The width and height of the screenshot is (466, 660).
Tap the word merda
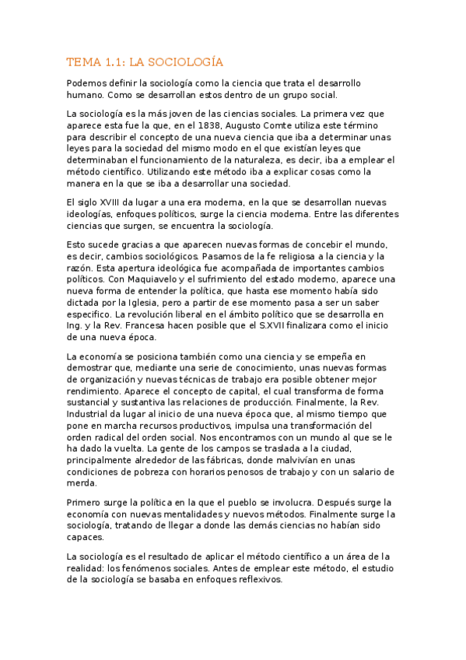84,483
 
